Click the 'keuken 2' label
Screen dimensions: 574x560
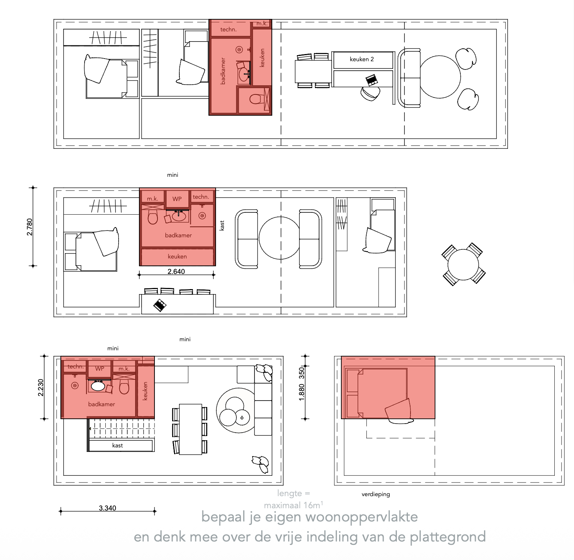[x=361, y=59]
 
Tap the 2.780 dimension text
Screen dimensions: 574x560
[x=30, y=227]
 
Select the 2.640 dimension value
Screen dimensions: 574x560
[x=176, y=271]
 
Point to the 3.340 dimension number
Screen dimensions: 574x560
[x=108, y=508]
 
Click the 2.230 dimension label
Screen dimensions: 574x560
[x=41, y=388]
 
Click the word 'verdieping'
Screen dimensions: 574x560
[x=376, y=494]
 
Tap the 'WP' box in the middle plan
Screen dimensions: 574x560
[x=177, y=199]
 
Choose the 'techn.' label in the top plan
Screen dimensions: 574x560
[x=228, y=29]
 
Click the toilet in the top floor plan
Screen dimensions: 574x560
[x=256, y=99]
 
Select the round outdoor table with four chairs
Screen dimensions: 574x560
[x=463, y=264]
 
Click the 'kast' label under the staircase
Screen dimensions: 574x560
[x=117, y=446]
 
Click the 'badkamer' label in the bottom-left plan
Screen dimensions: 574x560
[x=102, y=404]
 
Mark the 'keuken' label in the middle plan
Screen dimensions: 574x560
[x=177, y=256]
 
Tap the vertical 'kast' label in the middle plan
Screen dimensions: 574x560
[x=222, y=226]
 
